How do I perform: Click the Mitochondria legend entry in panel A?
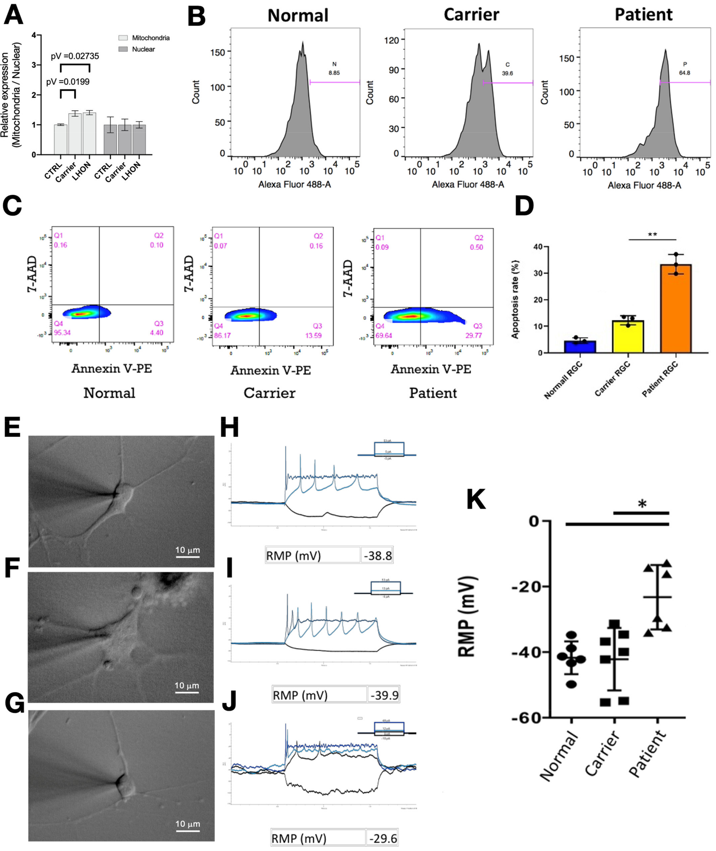(144, 38)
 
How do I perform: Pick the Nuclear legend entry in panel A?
(137, 49)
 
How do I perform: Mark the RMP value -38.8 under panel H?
(377, 555)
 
